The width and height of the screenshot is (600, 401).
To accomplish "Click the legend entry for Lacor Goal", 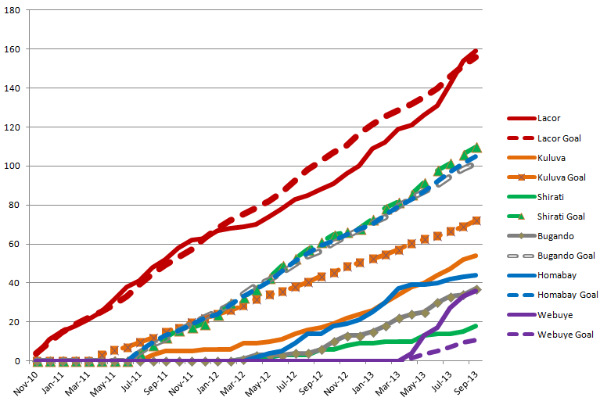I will (x=559, y=138).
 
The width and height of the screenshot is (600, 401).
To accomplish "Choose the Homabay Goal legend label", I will (x=567, y=295).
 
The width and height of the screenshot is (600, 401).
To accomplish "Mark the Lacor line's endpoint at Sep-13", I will (x=476, y=51).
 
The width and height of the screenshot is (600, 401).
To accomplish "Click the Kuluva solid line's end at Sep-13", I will (x=476, y=255).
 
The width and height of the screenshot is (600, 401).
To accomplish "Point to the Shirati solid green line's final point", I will (x=476, y=325).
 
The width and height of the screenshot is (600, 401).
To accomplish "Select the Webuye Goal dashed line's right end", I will (x=476, y=339).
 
